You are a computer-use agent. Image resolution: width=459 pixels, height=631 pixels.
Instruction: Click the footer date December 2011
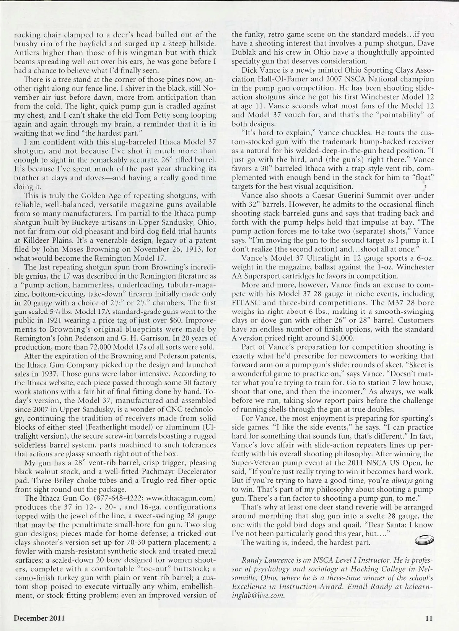(x=39, y=618)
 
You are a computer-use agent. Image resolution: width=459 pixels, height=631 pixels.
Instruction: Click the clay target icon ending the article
(x=423, y=540)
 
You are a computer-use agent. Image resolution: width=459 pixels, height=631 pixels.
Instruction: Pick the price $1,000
(x=343, y=338)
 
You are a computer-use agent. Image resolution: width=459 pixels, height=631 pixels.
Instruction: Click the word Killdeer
(x=38, y=240)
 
